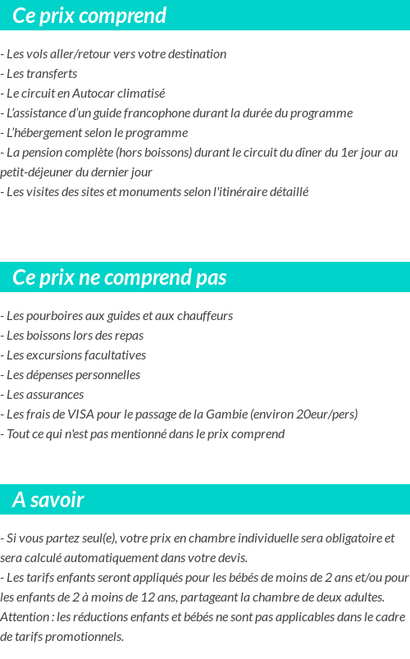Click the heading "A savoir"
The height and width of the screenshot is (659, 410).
(x=48, y=500)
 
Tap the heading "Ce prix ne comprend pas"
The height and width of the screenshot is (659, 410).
(x=120, y=277)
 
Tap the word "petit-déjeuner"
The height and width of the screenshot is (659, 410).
(x=38, y=172)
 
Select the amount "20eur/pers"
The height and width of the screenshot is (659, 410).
(x=325, y=414)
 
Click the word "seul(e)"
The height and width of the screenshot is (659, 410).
(x=96, y=538)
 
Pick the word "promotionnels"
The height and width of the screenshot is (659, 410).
(x=86, y=637)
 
